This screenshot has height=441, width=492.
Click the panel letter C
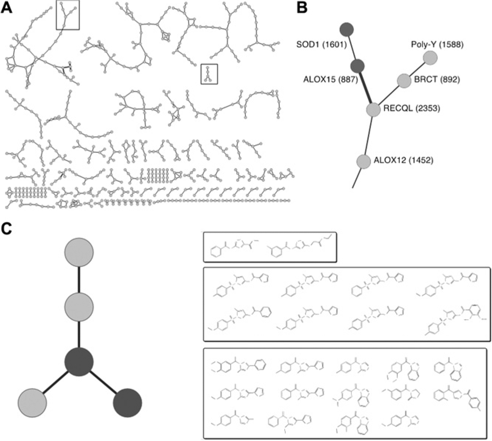pos(7,229)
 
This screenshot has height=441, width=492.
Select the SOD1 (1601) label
pos(321,45)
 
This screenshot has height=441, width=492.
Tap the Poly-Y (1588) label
pos(437,45)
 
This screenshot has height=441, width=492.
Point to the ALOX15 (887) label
pos(331,80)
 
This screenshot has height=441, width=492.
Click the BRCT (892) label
pos(437,80)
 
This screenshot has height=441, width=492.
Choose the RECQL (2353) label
pos(412,108)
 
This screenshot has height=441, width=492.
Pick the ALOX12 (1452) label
pos(404,160)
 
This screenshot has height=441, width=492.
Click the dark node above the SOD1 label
pos(347,30)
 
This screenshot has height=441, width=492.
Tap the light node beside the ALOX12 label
pos(364,161)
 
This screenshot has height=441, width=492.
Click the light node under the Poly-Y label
pos(430,58)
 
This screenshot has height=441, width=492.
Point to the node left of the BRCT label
pos(404,80)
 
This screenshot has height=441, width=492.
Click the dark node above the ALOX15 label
pos(358,66)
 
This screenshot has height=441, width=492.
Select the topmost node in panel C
pos(79,252)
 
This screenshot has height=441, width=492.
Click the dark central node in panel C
pos(79,362)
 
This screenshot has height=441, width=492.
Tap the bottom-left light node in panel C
pos(32,403)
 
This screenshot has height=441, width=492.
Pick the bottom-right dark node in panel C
pos(127,403)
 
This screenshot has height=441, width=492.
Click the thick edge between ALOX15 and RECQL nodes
pos(365,88)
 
